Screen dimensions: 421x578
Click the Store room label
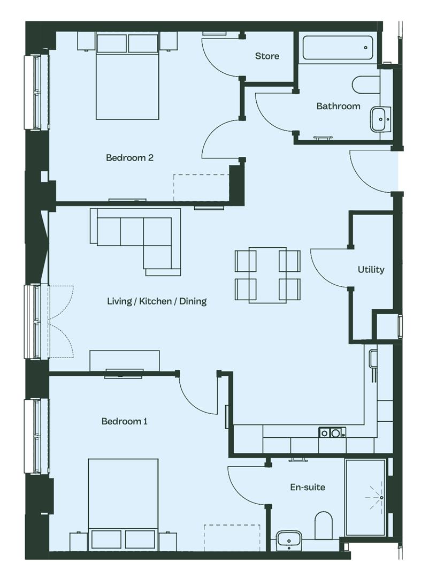pyautogui.click(x=267, y=56)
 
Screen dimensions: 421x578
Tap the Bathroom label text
pyautogui.click(x=338, y=106)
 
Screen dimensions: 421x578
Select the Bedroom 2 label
pyautogui.click(x=129, y=158)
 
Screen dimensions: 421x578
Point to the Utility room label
pyautogui.click(x=371, y=269)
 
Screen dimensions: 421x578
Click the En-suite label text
pyautogui.click(x=308, y=488)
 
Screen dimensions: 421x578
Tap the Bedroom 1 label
pyautogui.click(x=125, y=421)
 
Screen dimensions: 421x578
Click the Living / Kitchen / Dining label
pyautogui.click(x=157, y=301)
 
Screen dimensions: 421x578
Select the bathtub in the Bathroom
pyautogui.click(x=338, y=48)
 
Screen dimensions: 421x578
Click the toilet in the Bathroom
pyautogui.click(x=366, y=85)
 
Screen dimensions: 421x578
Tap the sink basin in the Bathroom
pyautogui.click(x=380, y=119)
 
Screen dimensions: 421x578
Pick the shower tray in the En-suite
pyautogui.click(x=365, y=497)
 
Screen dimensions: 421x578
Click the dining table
pyautogui.click(x=267, y=275)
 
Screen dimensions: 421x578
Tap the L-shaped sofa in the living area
pyautogui.click(x=135, y=241)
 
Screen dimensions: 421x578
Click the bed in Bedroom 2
pyautogui.click(x=127, y=75)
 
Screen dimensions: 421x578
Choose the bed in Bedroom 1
pyautogui.click(x=124, y=505)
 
